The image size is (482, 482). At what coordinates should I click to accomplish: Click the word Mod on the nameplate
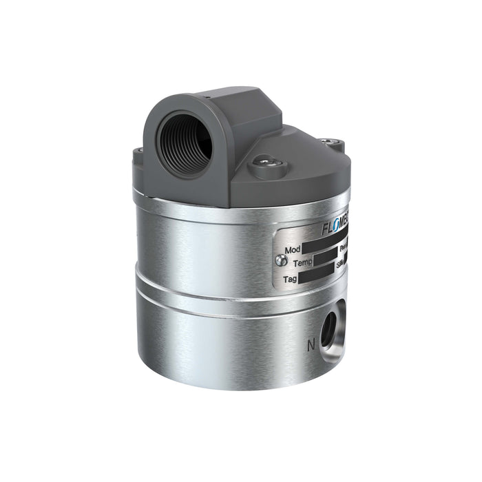(x=290, y=249)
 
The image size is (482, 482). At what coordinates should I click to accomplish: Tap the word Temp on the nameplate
(x=300, y=264)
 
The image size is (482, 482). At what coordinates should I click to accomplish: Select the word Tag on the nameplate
(x=291, y=279)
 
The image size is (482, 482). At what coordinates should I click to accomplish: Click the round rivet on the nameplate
(x=278, y=260)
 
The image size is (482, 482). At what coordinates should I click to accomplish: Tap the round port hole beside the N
(x=329, y=323)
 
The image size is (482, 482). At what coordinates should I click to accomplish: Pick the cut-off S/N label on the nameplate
(x=341, y=264)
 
